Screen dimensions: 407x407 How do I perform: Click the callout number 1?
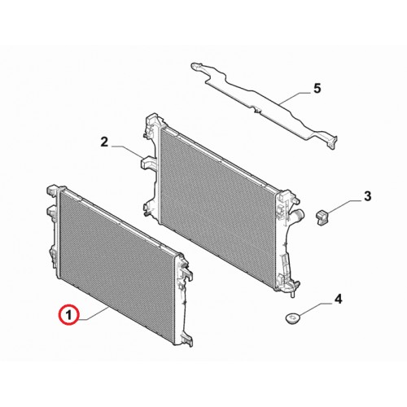click(69, 316)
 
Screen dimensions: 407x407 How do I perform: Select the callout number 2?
click(104, 142)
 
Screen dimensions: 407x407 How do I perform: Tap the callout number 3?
click(367, 196)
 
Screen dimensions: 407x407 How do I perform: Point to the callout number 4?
click(338, 300)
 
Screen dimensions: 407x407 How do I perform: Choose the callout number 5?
click(317, 89)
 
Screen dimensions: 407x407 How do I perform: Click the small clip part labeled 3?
click(322, 217)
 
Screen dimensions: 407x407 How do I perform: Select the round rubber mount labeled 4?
click(293, 317)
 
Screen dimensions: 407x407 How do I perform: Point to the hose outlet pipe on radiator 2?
click(299, 214)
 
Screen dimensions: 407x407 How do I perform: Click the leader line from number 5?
click(295, 98)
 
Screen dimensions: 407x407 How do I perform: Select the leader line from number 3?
click(344, 206)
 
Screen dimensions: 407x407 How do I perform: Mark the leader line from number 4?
click(315, 309)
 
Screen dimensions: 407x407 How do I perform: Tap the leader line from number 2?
click(127, 151)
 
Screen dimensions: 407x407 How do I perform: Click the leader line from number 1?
click(95, 313)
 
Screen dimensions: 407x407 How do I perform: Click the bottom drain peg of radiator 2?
click(294, 294)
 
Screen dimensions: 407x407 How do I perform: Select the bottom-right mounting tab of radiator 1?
click(187, 340)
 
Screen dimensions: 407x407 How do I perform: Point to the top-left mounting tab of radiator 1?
click(52, 190)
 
